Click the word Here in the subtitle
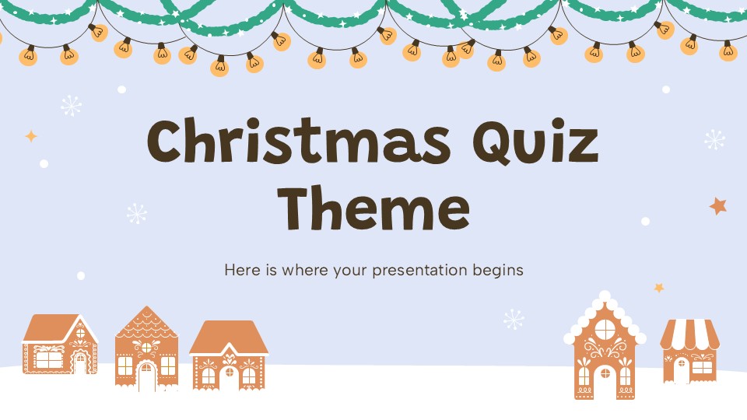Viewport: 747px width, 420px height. (x=240, y=271)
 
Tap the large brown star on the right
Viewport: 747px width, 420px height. (x=717, y=206)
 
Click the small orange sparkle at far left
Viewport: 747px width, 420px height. (x=31, y=136)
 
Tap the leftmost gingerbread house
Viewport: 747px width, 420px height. (x=60, y=345)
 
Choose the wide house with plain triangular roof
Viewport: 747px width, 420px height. (x=229, y=355)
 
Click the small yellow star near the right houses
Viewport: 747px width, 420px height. (x=659, y=288)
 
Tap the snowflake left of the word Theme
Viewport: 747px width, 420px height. (x=137, y=214)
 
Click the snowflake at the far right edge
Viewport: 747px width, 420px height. (x=714, y=140)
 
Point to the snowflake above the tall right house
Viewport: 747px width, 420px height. (x=514, y=319)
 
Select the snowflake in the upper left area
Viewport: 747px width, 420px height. (x=71, y=105)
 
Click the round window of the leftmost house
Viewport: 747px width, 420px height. (x=80, y=333)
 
